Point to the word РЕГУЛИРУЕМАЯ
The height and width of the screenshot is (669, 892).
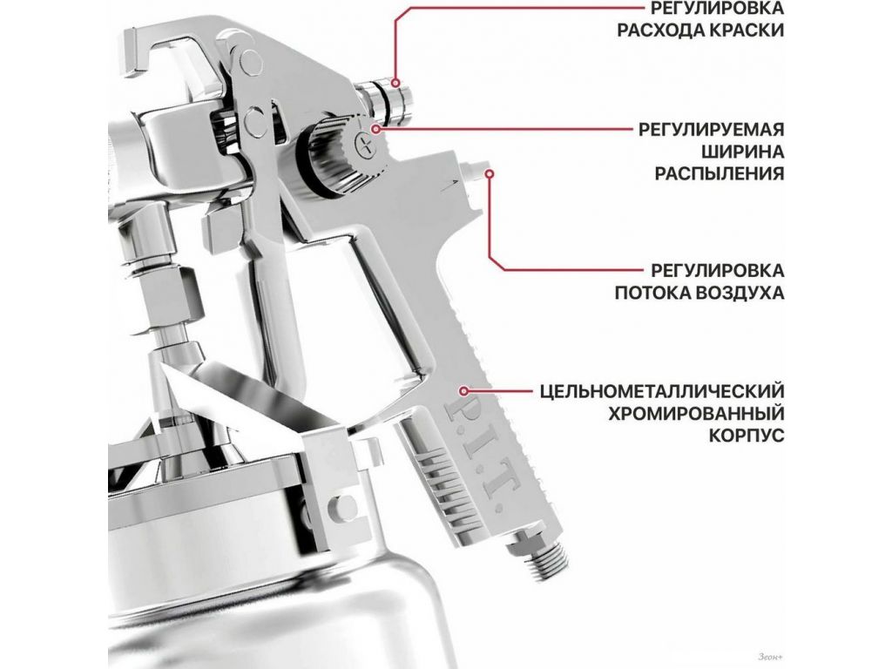(x=711, y=130)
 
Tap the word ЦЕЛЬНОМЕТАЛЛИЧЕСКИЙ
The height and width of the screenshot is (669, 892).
(x=662, y=391)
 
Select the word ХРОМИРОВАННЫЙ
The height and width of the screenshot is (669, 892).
(x=696, y=413)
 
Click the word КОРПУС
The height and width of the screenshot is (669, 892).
(x=747, y=436)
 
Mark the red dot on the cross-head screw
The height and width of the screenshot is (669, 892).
(x=375, y=130)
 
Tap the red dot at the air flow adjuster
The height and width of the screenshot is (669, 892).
(x=490, y=173)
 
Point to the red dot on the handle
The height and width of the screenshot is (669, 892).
(x=464, y=391)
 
